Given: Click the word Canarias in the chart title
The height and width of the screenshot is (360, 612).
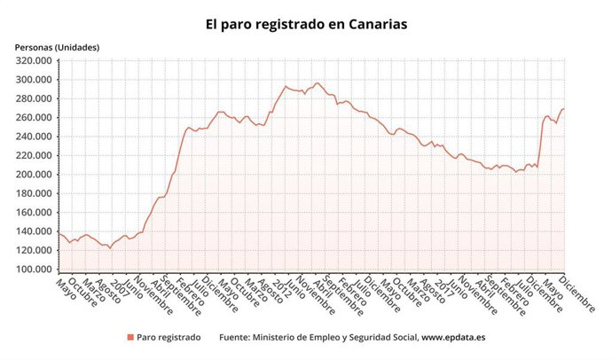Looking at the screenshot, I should tap(372, 24).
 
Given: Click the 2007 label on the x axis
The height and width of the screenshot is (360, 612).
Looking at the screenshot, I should tap(121, 286).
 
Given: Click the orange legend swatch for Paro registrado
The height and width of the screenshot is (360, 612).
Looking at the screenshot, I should tap(129, 338).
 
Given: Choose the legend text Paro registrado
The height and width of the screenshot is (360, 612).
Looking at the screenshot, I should tap(169, 338).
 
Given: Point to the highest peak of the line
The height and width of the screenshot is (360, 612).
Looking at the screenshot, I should tap(317, 83).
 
